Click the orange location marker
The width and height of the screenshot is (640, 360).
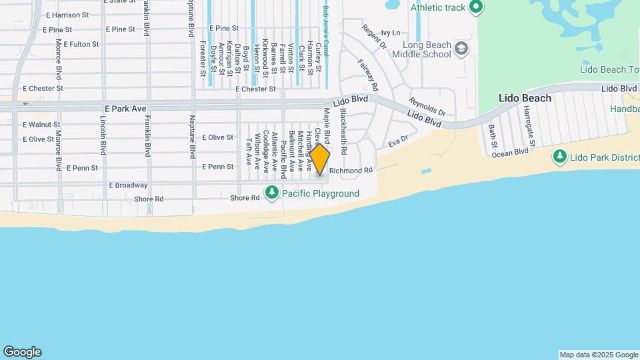320,160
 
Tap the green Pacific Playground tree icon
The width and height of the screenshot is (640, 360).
271,193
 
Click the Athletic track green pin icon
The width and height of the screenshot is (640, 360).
475,7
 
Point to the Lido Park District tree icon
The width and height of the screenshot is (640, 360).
559,157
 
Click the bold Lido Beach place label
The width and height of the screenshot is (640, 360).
525,98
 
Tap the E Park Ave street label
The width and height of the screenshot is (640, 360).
125,108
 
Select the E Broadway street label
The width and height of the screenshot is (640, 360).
128,185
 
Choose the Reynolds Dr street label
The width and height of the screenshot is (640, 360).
427,107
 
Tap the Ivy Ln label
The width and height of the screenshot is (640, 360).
391,33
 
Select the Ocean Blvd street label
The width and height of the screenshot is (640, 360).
510,152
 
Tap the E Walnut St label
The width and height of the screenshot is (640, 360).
41,124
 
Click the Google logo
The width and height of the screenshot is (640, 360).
22,352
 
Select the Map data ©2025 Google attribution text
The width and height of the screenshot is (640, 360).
599,355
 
